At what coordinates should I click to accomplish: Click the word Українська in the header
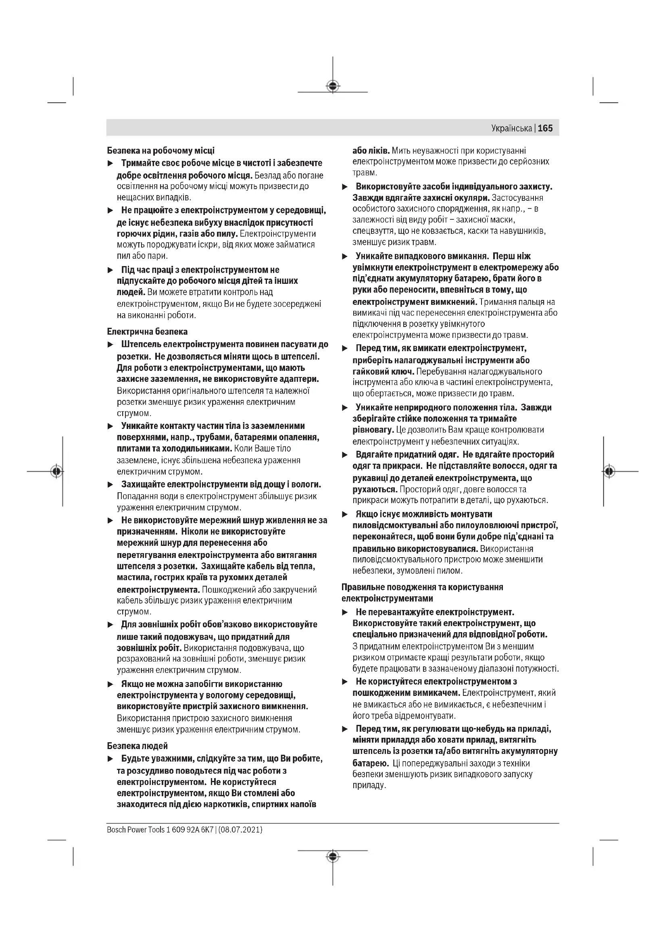[511, 129]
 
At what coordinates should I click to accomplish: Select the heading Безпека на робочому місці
[160, 151]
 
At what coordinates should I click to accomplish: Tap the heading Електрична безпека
[147, 331]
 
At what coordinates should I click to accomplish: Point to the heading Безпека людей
[137, 745]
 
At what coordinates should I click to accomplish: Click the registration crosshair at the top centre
[333, 86]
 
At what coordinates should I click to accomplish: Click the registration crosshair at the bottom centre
[333, 856]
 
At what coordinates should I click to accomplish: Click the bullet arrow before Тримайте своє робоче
[110, 163]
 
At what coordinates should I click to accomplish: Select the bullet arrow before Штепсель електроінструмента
[110, 344]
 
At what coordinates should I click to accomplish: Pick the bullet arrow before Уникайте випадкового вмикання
[345, 257]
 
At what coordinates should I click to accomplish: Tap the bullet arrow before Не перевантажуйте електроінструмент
[345, 612]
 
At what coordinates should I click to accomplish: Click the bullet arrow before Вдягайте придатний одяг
[345, 455]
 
